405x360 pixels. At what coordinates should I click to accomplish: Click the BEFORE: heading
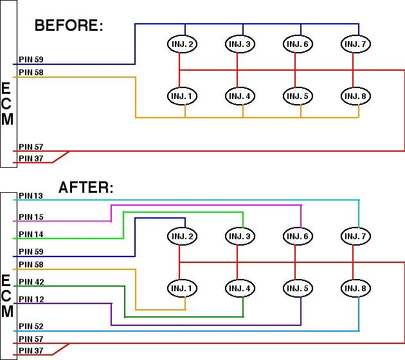(x=69, y=25)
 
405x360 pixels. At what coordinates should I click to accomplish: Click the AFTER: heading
(x=86, y=187)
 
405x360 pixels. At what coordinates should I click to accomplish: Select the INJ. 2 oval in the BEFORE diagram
(x=183, y=44)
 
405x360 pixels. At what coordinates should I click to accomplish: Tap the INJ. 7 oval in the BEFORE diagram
(x=355, y=44)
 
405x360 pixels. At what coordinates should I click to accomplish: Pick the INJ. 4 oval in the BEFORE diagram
(x=240, y=96)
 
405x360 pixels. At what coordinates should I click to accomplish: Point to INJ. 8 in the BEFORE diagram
(x=355, y=96)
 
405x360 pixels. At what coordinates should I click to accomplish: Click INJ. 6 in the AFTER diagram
(x=298, y=236)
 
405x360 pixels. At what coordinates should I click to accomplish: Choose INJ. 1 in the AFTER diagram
(x=183, y=288)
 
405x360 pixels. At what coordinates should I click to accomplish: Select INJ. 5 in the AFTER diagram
(x=298, y=288)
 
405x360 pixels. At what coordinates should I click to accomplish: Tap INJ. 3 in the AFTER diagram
(x=240, y=236)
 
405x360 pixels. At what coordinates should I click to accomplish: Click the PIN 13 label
(x=31, y=196)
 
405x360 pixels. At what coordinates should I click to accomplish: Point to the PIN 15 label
(x=31, y=217)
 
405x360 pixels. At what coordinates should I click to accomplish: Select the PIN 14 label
(x=31, y=234)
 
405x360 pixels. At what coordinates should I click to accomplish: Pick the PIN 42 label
(x=32, y=282)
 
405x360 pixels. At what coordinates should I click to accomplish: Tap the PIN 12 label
(x=32, y=299)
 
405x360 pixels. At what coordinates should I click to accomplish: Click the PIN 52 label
(x=31, y=326)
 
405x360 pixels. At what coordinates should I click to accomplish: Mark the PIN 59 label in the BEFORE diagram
(x=31, y=59)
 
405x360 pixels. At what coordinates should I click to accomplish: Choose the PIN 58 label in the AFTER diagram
(x=31, y=264)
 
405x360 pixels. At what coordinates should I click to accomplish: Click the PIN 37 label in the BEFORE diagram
(x=31, y=158)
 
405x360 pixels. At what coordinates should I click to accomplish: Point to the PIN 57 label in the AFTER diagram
(x=31, y=339)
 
